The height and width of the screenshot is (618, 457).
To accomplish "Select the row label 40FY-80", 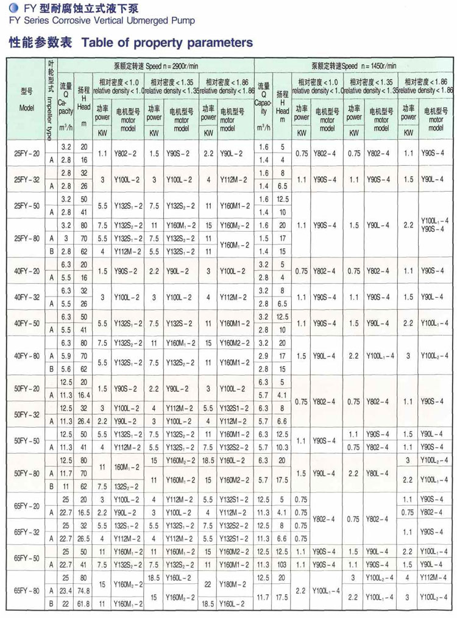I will (x=27, y=355).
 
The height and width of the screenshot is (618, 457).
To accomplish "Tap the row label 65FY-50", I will (x=27, y=558).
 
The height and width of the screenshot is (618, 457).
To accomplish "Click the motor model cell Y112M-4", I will (x=435, y=577).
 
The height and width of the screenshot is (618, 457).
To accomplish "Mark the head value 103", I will (x=282, y=564).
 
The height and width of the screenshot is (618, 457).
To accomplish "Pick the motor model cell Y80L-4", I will (x=381, y=473).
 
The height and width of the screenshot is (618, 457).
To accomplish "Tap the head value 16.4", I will (x=83, y=395).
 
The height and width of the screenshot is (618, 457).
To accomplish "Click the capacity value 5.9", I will (x=66, y=356).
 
